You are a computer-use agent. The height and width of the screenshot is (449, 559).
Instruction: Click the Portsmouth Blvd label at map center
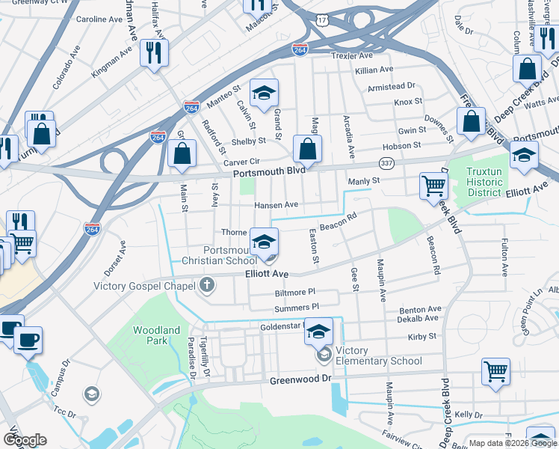click(269, 171)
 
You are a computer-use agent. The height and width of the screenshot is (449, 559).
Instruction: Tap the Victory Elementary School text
click(379, 355)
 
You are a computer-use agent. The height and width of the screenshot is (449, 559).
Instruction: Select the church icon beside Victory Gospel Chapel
click(207, 285)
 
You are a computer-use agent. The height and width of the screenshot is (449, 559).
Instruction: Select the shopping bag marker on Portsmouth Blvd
click(307, 150)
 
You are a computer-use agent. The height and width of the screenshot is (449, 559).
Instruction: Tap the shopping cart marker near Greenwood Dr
click(495, 371)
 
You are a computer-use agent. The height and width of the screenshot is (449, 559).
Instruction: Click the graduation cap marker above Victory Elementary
click(319, 331)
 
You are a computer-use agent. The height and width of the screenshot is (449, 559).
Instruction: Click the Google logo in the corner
click(25, 440)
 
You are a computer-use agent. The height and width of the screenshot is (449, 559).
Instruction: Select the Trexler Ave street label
click(352, 56)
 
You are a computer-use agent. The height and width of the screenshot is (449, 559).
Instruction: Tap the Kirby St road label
click(421, 337)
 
